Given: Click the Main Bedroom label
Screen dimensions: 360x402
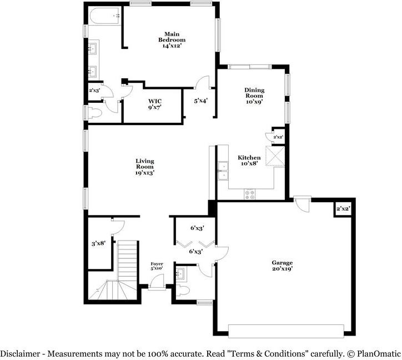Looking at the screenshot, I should [x=171, y=40].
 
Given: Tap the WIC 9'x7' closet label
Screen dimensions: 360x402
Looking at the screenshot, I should [x=154, y=104].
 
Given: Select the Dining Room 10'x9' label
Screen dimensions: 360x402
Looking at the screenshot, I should [x=254, y=95].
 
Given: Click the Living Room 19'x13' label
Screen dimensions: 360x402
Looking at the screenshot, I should [x=144, y=167].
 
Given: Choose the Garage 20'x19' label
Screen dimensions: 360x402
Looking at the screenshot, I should [x=282, y=266].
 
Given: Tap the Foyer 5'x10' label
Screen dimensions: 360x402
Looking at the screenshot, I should [x=156, y=266].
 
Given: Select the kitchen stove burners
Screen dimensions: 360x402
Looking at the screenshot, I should [x=250, y=194].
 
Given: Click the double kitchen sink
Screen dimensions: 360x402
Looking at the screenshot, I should [x=223, y=171].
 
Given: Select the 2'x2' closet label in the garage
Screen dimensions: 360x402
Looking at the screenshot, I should [x=343, y=209].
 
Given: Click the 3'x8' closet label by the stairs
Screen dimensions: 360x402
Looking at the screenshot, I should [x=99, y=243].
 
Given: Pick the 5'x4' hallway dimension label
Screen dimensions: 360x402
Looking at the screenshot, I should [x=200, y=101].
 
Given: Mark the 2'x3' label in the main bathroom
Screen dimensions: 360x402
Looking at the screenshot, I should [x=94, y=89].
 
